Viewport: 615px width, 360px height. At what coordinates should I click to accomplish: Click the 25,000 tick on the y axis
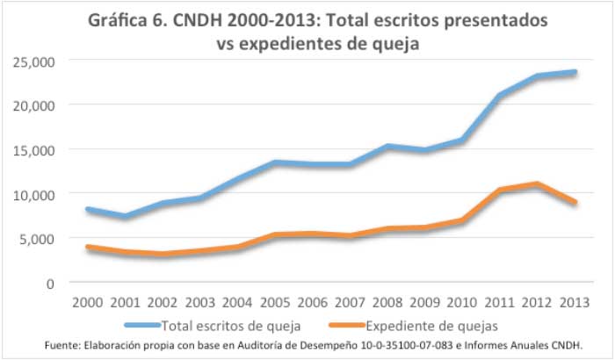pyautogui.click(x=33, y=61)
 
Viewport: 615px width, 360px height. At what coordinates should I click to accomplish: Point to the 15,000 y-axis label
pyautogui.click(x=33, y=149)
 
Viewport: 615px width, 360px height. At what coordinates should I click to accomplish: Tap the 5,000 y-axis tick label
pyautogui.click(x=36, y=238)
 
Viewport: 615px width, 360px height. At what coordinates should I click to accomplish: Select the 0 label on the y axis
pyautogui.click(x=49, y=283)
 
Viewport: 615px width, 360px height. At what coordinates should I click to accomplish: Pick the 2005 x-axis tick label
pyautogui.click(x=277, y=304)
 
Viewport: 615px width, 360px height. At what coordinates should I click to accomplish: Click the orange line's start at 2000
pyautogui.click(x=88, y=248)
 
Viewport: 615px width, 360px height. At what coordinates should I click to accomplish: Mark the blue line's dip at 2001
pyautogui.click(x=126, y=216)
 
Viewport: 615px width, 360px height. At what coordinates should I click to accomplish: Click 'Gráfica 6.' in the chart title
pyautogui.click(x=144, y=20)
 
